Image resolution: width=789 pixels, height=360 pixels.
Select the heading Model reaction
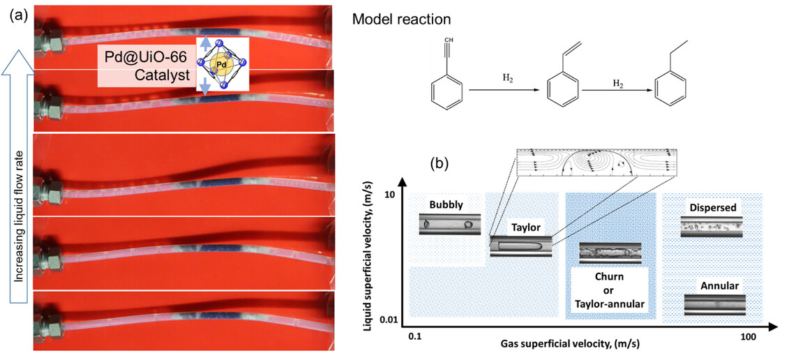point(402,19)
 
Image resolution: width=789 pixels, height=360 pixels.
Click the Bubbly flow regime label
point(446,204)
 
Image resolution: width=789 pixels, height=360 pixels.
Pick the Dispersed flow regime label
point(712,208)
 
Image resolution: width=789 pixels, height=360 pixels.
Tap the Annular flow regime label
point(714,285)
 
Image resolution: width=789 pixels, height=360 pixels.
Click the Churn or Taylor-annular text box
point(609,290)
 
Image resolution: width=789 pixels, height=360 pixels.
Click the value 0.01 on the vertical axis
point(389,319)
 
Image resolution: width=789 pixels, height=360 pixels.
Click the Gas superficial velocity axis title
point(570,344)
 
